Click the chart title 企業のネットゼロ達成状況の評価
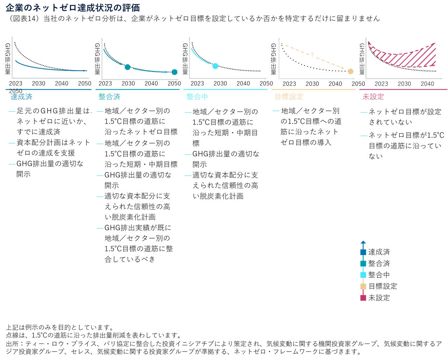73,7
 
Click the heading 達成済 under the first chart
21,97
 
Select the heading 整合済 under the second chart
109,97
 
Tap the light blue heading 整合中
197,97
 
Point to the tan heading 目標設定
289,97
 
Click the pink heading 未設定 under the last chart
373,97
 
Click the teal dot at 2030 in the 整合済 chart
128,67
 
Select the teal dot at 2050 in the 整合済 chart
174,72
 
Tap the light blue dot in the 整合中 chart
215,66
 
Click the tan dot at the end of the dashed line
350,71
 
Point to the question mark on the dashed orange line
312,55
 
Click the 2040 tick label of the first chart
62,83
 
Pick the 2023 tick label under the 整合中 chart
197,83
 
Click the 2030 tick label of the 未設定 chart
404,84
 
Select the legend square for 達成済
363,252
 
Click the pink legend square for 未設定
363,298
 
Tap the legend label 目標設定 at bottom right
383,286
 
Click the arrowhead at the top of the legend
363,242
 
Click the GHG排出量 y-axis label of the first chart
8,59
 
